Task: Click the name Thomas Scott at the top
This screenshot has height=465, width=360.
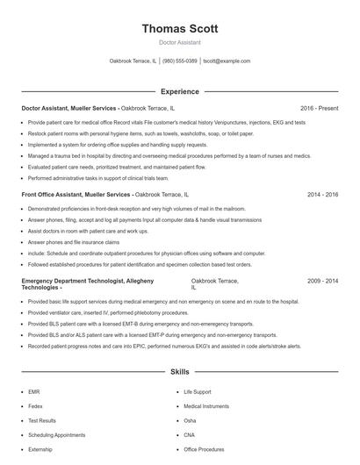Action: [x=180, y=28]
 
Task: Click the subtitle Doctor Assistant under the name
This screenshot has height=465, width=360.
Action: [x=180, y=42]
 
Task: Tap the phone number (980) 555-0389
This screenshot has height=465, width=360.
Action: [x=180, y=61]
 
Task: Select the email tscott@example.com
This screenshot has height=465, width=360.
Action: [x=227, y=61]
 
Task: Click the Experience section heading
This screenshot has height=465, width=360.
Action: [x=180, y=91]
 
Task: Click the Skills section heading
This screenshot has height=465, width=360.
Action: [x=180, y=372]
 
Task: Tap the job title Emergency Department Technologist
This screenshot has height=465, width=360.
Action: [x=79, y=282]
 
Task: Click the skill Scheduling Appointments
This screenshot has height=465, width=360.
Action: [x=56, y=434]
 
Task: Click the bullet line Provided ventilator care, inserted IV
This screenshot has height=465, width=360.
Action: [x=107, y=311]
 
